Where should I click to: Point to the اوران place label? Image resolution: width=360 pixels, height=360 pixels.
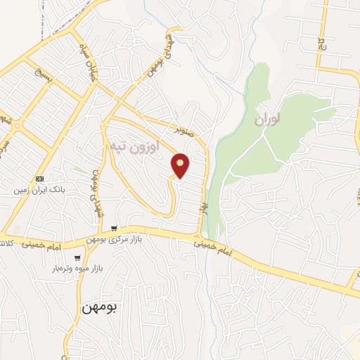[267, 120]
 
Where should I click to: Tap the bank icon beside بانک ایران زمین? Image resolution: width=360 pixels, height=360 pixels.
[39, 179]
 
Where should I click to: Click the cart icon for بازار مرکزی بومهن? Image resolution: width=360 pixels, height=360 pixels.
[114, 229]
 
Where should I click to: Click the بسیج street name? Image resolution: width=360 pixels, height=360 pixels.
[40, 74]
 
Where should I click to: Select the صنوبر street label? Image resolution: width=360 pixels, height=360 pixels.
[185, 130]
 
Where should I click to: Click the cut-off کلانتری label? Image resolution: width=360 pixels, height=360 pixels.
[4, 244]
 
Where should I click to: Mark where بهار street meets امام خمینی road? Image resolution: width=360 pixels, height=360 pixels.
[200, 235]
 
